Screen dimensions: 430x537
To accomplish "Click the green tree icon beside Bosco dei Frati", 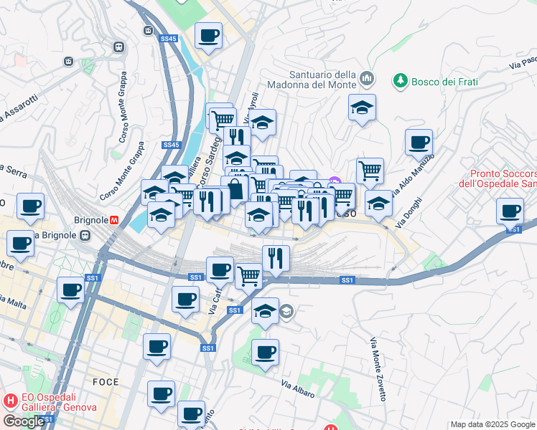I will (x=400, y=82).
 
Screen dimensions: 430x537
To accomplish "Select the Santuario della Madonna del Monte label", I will (x=322, y=80).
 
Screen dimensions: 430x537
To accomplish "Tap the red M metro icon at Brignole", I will (x=113, y=221).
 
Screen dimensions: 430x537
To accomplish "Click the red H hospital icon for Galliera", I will (x=11, y=401).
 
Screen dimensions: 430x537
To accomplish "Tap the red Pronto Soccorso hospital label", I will (x=503, y=179).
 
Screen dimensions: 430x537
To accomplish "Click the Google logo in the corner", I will (x=23, y=421).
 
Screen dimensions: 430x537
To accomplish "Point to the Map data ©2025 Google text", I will (x=492, y=424).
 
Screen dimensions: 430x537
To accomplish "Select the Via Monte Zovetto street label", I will (x=378, y=369).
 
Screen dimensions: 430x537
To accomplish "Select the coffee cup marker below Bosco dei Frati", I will (x=419, y=142).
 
